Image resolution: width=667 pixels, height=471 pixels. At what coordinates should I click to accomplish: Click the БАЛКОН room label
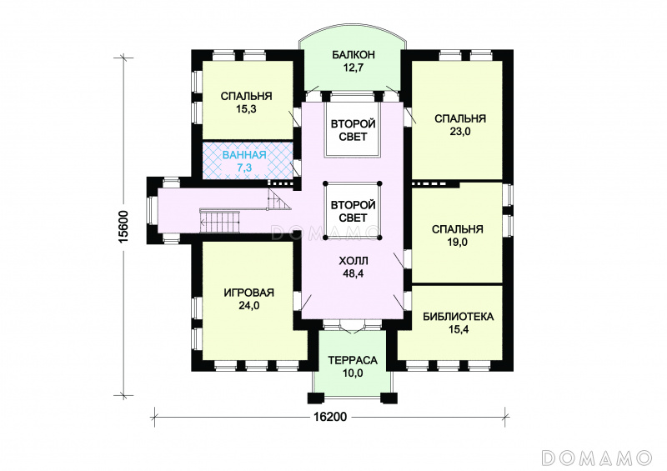(353, 54)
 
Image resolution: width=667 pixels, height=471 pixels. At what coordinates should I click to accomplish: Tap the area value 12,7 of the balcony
(353, 68)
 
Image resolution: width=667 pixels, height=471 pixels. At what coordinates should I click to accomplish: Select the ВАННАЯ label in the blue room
(244, 154)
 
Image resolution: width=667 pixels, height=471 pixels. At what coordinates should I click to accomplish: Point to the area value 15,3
(246, 109)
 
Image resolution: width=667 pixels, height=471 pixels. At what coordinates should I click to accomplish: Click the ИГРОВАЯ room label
(248, 293)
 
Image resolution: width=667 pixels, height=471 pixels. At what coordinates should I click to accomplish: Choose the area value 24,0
(249, 305)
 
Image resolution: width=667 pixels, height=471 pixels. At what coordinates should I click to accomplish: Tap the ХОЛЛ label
(354, 260)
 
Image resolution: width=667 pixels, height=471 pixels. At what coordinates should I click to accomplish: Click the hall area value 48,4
(354, 273)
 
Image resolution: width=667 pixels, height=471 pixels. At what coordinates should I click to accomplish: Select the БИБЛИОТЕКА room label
(458, 317)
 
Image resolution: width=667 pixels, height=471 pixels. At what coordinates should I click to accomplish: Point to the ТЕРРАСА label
(353, 360)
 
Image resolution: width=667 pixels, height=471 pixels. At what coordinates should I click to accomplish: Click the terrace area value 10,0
(353, 373)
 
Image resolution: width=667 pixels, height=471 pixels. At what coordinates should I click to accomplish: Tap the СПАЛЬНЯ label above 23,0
(460, 118)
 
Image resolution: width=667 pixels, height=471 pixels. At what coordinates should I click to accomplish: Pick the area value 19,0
(458, 242)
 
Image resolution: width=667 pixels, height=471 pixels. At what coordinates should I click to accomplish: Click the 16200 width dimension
(330, 417)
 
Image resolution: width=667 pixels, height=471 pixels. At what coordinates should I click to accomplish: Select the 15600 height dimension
(123, 227)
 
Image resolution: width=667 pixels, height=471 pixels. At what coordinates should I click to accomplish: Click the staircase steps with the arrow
(219, 221)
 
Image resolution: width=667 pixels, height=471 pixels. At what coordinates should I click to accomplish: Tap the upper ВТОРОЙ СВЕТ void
(352, 130)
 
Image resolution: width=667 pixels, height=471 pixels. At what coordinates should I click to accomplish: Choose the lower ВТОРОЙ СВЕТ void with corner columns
(352, 211)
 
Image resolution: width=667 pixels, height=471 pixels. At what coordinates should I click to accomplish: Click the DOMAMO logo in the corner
(597, 458)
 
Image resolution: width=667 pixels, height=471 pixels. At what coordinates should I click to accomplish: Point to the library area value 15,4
(459, 329)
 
